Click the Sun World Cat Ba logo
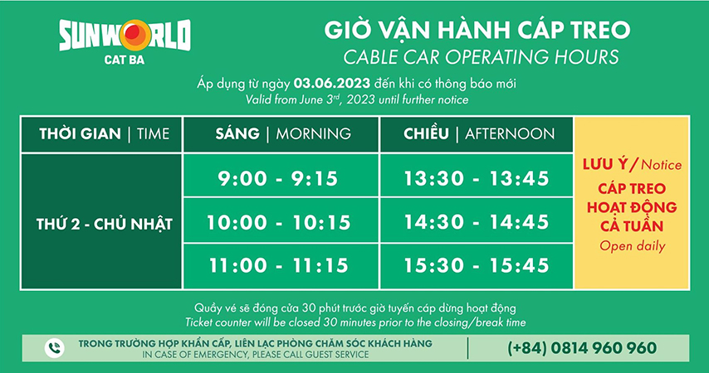125,36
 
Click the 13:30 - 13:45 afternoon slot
477,177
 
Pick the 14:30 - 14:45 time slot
477,222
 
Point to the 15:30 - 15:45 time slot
477,266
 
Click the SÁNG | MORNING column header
281,133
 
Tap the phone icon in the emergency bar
54,348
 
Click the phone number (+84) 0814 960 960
582,348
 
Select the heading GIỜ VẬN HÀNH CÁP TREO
477,31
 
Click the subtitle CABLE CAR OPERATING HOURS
477,57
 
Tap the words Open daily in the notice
632,245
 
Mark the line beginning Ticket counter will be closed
355,321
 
